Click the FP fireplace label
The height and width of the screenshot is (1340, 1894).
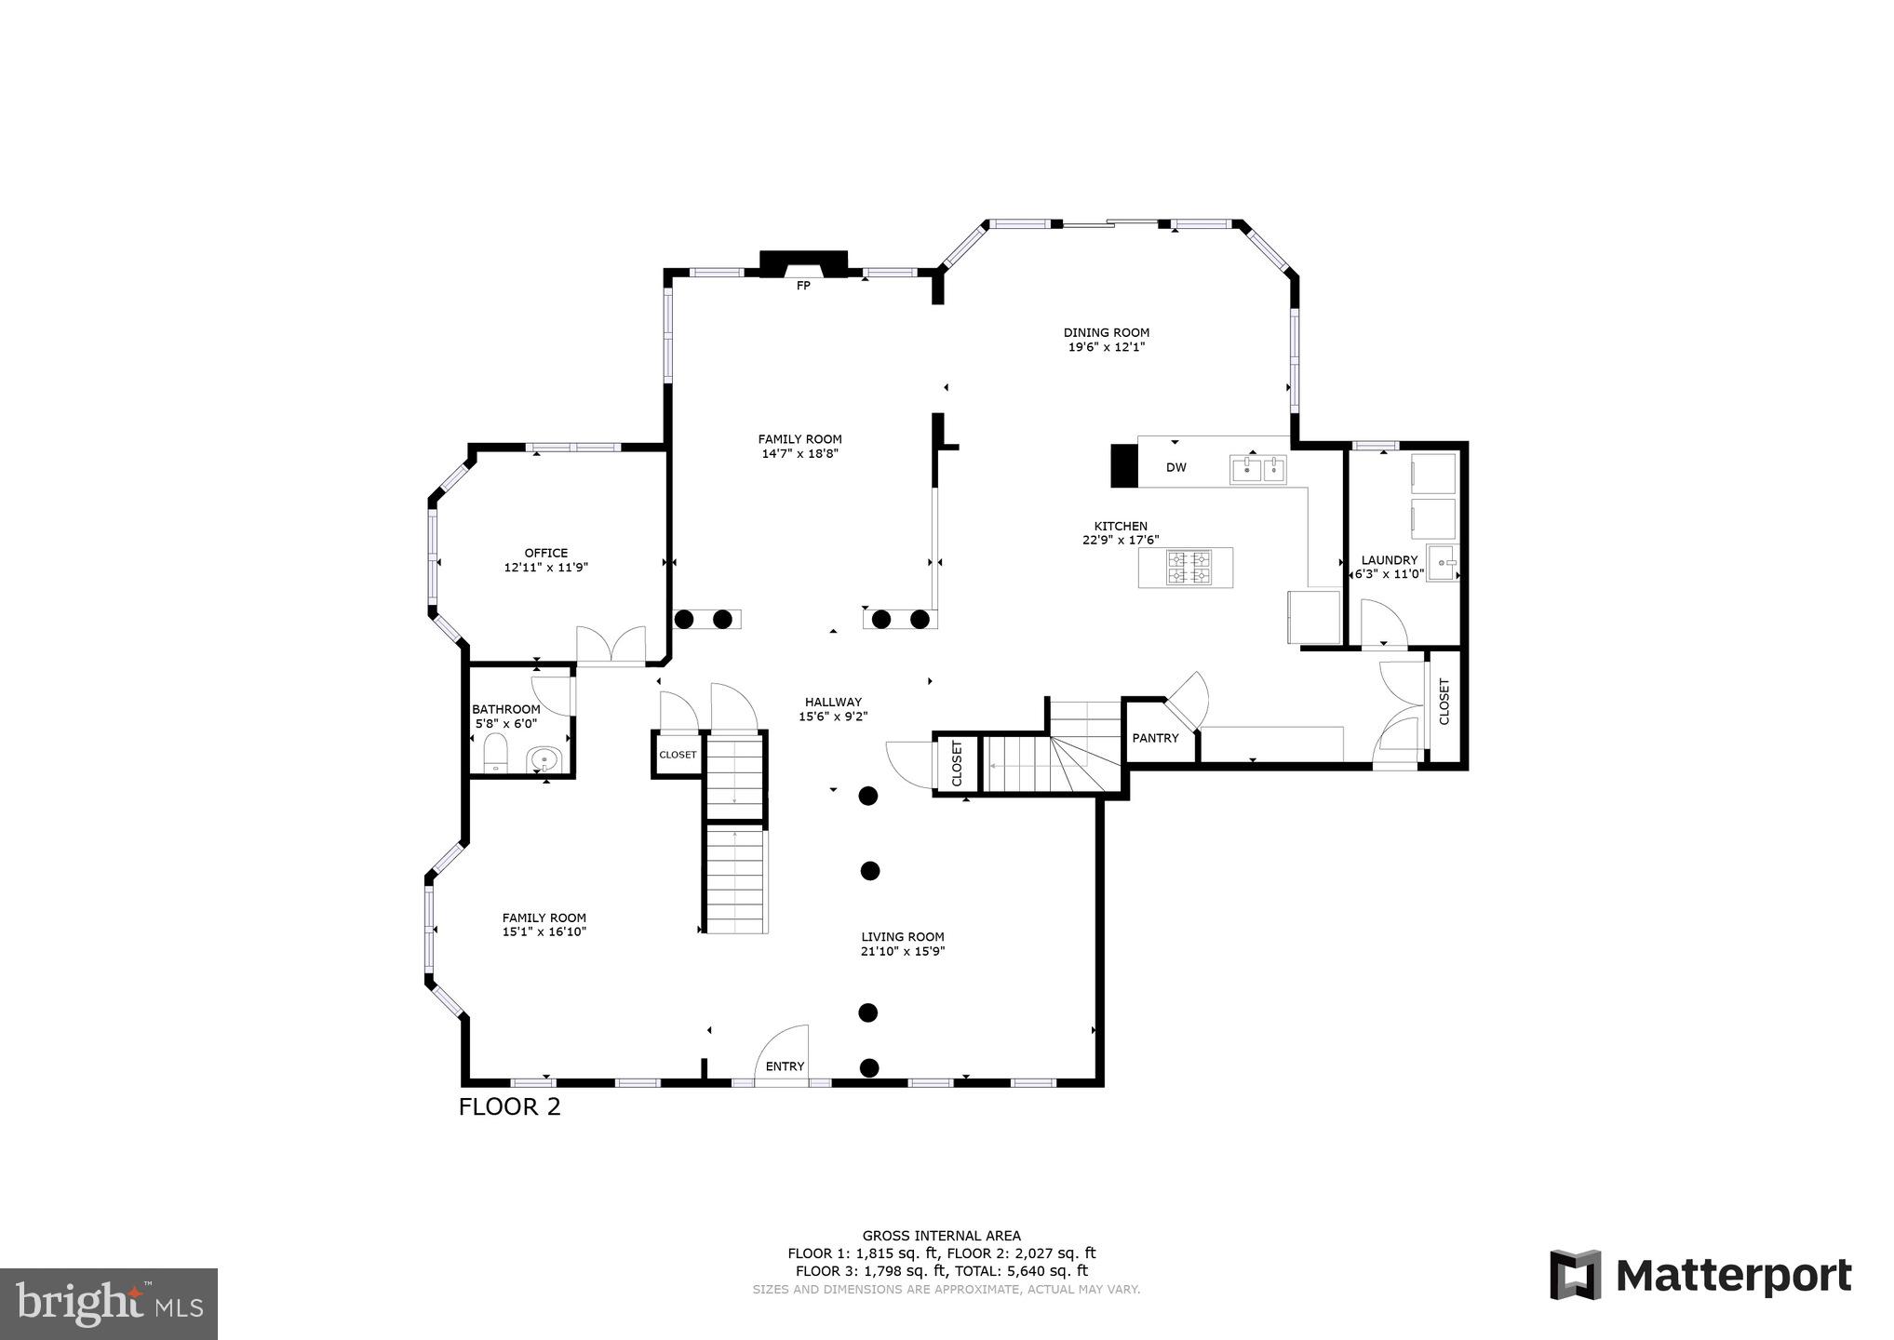(x=803, y=286)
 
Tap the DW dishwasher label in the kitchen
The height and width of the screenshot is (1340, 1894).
(x=1176, y=467)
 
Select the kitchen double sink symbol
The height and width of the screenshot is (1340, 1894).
(x=1258, y=469)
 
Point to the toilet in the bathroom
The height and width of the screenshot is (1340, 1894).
(x=495, y=752)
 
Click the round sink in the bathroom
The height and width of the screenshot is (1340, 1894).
(x=544, y=759)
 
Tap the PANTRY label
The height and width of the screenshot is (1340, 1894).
(x=1155, y=738)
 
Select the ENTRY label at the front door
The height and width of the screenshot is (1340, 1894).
(x=785, y=1066)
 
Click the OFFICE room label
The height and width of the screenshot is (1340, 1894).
(x=545, y=553)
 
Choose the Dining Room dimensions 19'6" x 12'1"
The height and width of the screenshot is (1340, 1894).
(x=1106, y=347)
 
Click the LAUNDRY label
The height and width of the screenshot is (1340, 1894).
(x=1389, y=560)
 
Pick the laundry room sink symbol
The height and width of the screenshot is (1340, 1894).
(x=1443, y=564)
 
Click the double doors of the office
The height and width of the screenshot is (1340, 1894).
(x=611, y=645)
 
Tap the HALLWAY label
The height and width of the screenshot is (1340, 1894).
(x=833, y=703)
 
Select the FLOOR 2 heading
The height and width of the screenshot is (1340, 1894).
(x=509, y=1106)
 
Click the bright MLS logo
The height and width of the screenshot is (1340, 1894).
(x=108, y=1304)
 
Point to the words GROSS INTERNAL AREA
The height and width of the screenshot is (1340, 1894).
(x=941, y=1236)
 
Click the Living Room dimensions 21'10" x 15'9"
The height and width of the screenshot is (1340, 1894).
(x=903, y=951)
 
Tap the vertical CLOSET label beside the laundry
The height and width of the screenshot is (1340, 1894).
(x=1444, y=702)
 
